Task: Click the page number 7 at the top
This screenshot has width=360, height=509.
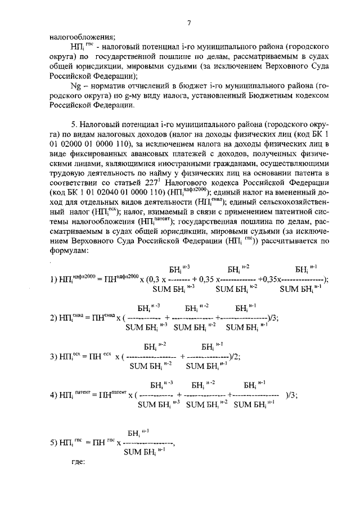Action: pyautogui.click(x=189, y=22)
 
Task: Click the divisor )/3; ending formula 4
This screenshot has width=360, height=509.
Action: pyautogui.click(x=291, y=395)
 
